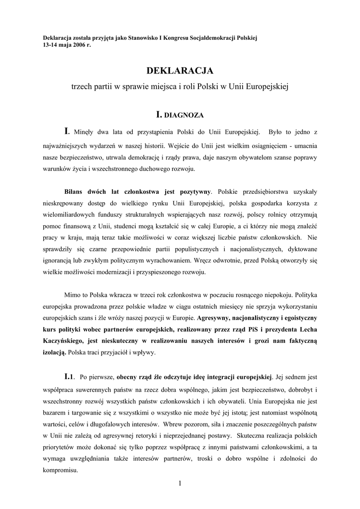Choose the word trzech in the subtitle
(x=84, y=86)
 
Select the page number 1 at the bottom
(x=180, y=484)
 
